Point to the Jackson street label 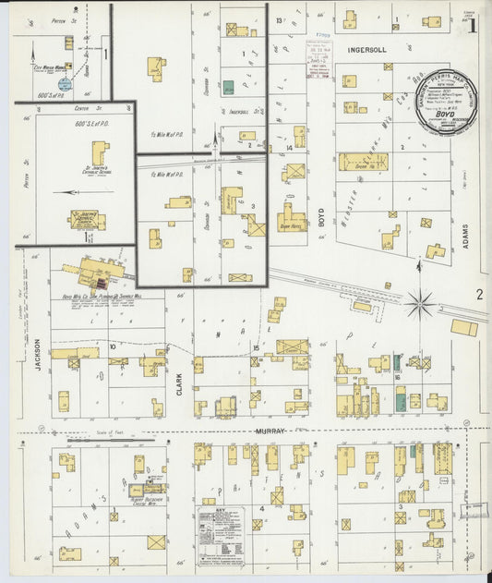[x=39, y=352]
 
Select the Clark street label [x=179, y=383]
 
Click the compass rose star [x=423, y=300]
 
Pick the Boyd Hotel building [x=292, y=221]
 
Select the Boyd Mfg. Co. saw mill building [x=94, y=273]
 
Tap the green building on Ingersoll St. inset [x=228, y=87]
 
